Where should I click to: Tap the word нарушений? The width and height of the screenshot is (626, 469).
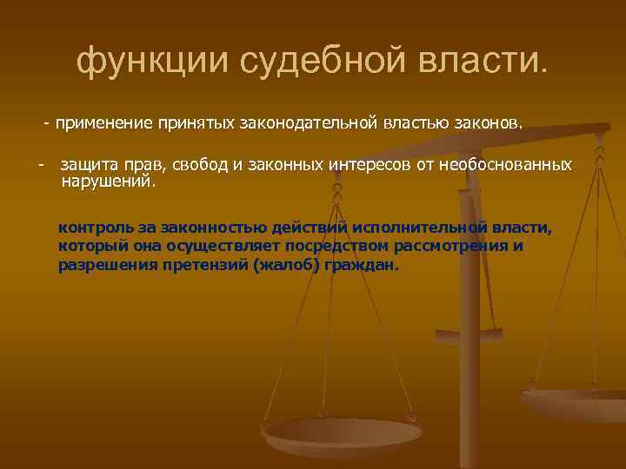[107, 182]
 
